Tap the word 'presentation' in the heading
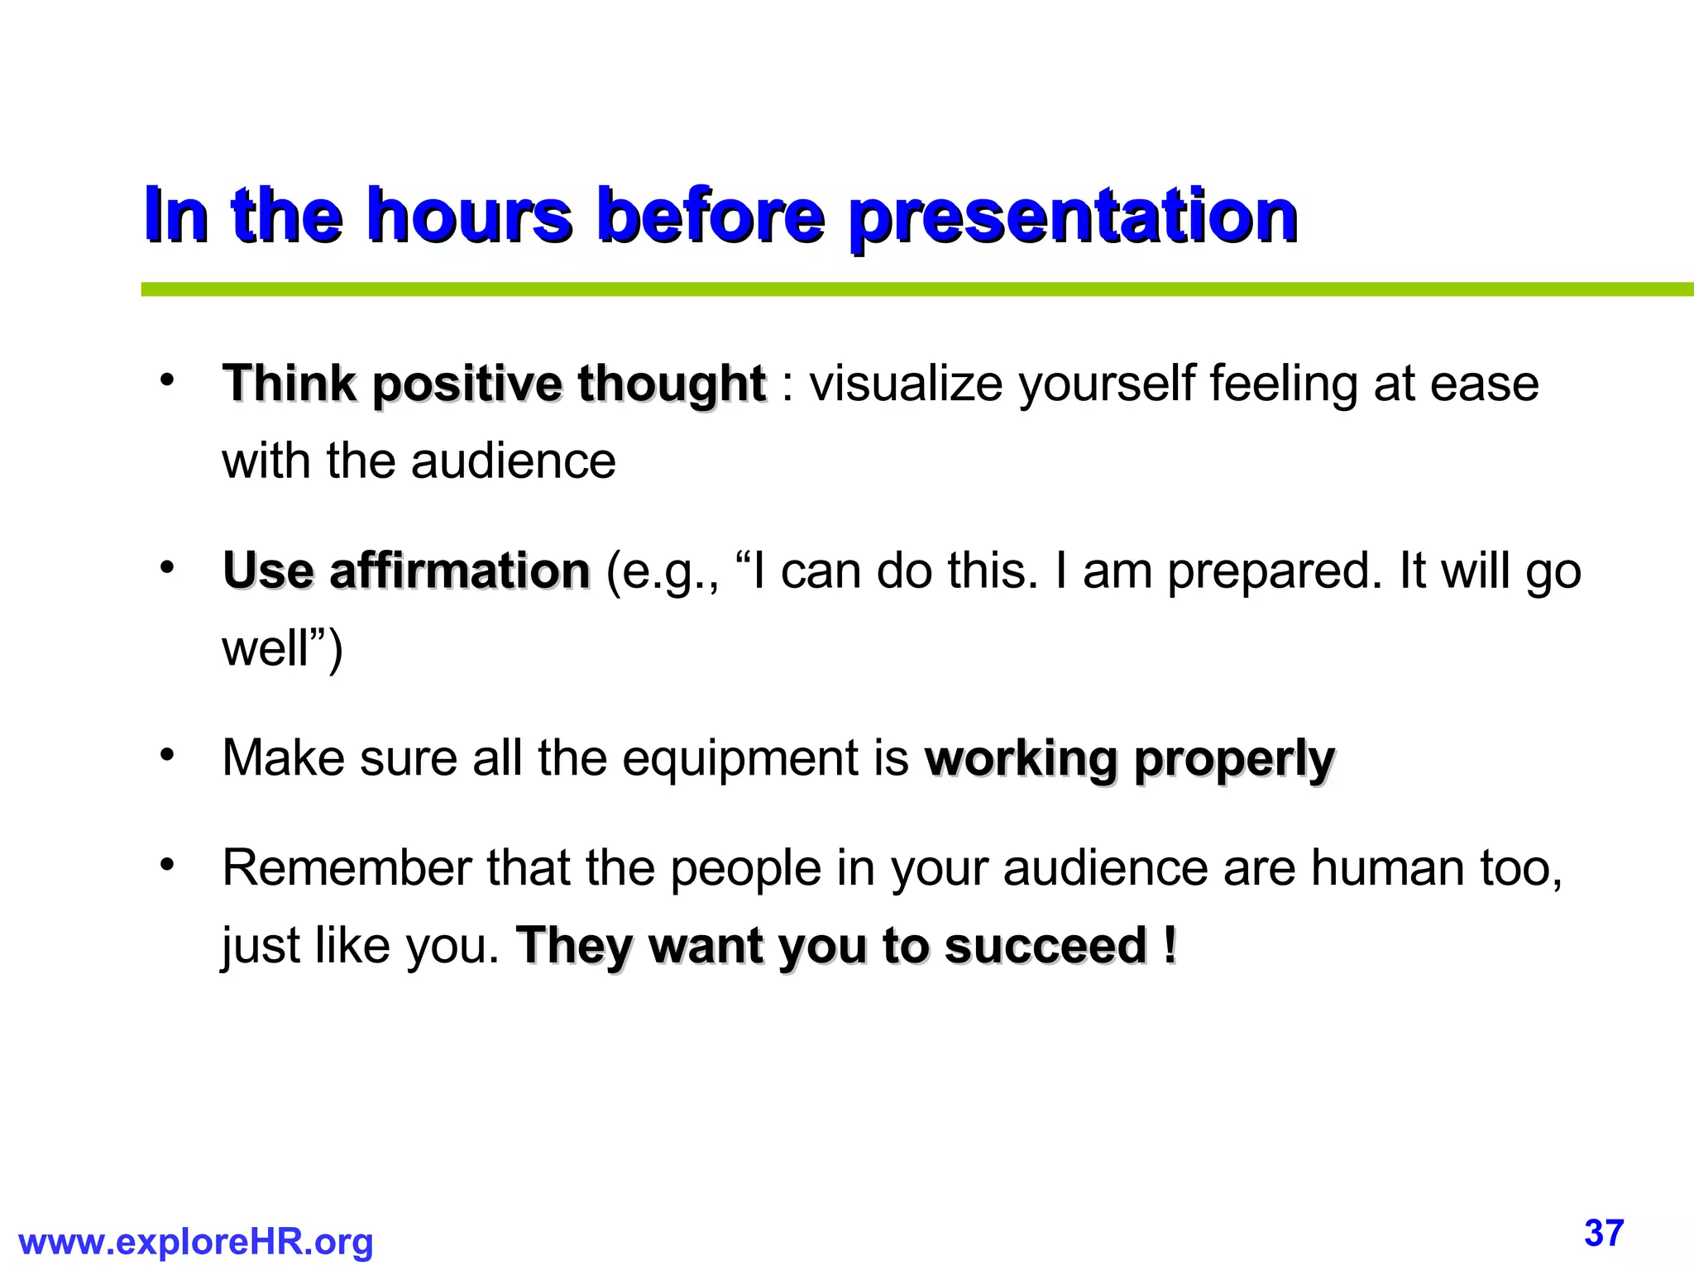1073,217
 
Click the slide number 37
1604,1233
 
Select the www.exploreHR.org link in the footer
196,1242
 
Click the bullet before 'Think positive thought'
168,381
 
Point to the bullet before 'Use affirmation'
168,568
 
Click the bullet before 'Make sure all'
168,755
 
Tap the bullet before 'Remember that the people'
168,866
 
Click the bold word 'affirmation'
460,571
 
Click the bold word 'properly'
1234,760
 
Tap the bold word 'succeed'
1046,946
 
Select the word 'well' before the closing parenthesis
265,647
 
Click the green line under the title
910,289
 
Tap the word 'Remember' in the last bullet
347,869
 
